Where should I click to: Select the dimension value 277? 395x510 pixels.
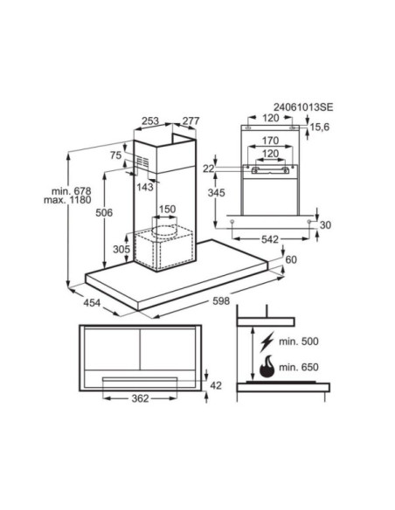(x=191, y=122)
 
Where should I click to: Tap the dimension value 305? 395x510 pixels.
(x=121, y=250)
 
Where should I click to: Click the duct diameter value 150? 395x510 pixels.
(x=167, y=210)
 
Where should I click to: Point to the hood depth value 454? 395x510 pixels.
(x=92, y=303)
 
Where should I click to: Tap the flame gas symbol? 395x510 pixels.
(x=264, y=367)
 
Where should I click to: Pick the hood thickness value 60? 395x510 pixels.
(x=291, y=261)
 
